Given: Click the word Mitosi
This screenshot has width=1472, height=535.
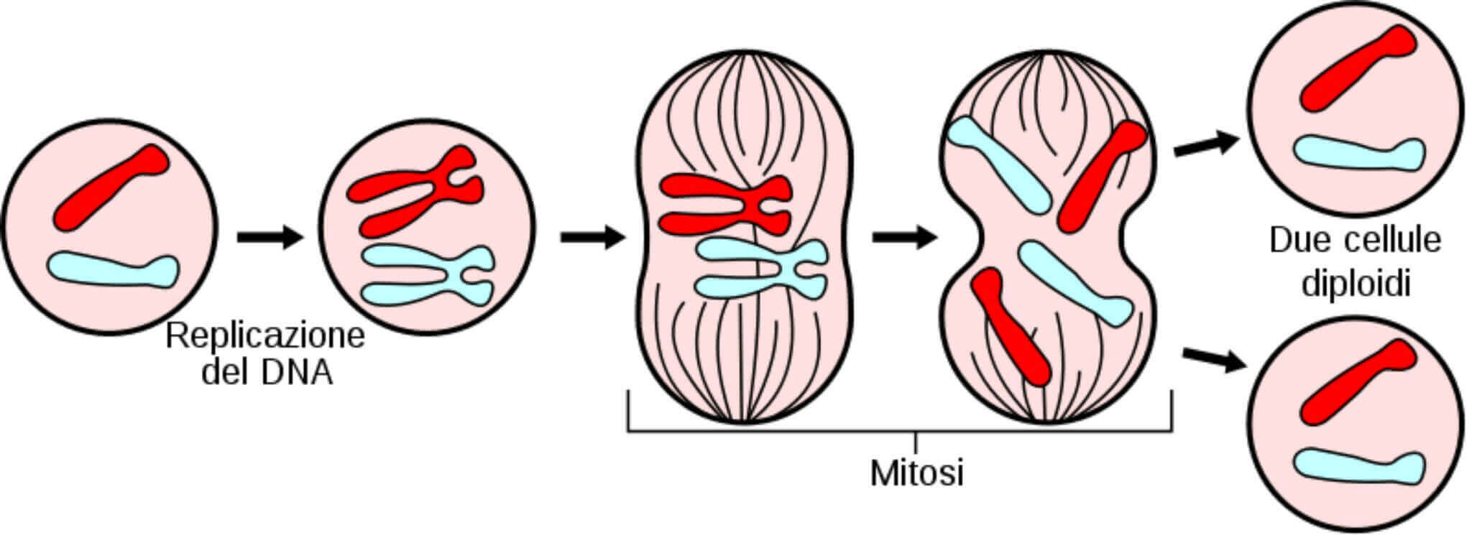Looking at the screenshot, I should point(916,473).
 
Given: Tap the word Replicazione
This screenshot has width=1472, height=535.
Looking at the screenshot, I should point(265,336).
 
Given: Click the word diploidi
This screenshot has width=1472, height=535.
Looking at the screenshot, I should point(1356,284).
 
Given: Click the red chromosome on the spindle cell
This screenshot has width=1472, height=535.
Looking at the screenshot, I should point(726,205).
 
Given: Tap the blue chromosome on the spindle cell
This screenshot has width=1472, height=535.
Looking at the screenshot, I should point(762,269).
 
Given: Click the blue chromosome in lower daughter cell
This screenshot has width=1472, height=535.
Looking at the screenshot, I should point(1358,465).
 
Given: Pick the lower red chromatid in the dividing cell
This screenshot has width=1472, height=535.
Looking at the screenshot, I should point(1011,327).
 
